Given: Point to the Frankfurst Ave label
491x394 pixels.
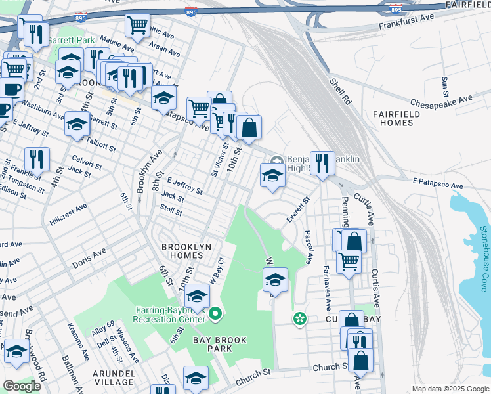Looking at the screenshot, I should click(x=407, y=26).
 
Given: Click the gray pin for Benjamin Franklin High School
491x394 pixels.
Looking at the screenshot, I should click(x=277, y=160).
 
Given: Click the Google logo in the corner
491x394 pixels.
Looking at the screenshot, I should click(x=22, y=386).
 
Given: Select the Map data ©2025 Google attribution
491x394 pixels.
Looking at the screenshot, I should click(x=450, y=389).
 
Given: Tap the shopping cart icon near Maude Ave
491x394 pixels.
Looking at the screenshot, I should click(x=137, y=26).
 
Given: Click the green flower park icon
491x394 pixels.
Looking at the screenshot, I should click(x=300, y=319).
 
